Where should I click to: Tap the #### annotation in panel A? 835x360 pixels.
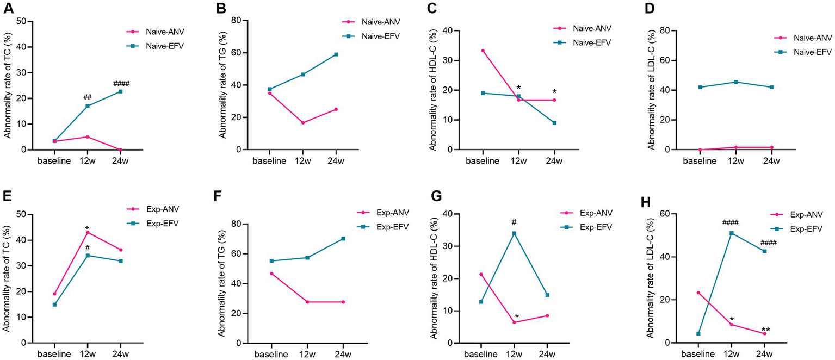pyautogui.click(x=121, y=84)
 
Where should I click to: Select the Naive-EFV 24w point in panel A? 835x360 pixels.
pyautogui.click(x=120, y=91)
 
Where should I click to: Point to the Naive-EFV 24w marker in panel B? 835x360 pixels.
pyautogui.click(x=336, y=54)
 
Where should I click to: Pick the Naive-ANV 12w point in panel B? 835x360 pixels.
pyautogui.click(x=303, y=123)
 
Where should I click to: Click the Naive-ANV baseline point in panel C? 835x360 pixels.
pyautogui.click(x=483, y=51)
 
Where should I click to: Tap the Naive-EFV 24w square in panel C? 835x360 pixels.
pyautogui.click(x=554, y=123)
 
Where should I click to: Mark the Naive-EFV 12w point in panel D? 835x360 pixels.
pyautogui.click(x=736, y=82)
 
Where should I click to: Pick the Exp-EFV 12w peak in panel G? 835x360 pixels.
pyautogui.click(x=514, y=233)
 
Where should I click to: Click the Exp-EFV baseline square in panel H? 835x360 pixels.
pyautogui.click(x=698, y=333)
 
